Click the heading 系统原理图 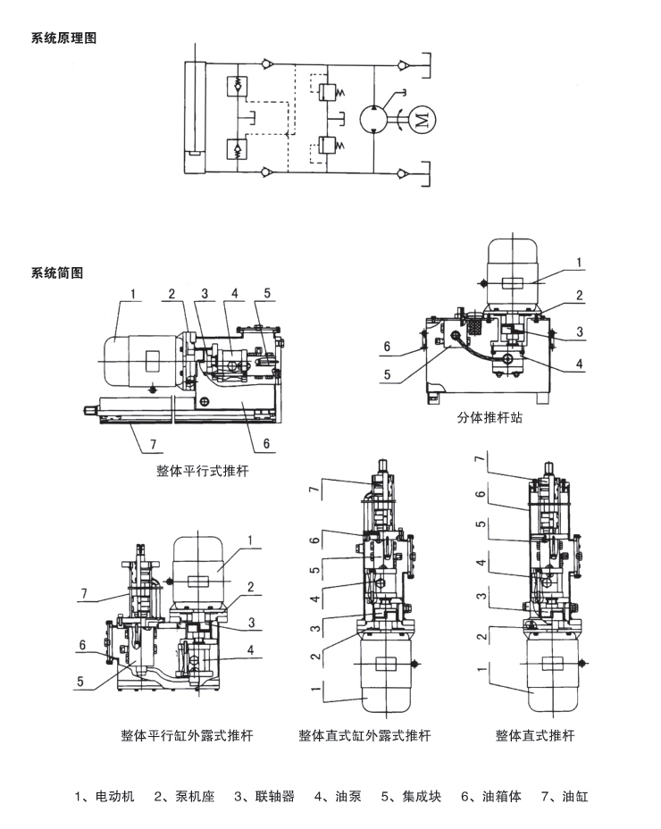pos(63,38)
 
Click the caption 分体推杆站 pos(489,417)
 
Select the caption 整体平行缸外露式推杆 pos(187,736)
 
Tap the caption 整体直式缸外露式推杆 pos(364,736)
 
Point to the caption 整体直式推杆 pos(535,736)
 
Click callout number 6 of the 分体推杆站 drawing pos(387,347)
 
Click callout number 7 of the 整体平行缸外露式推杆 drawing pos(85,593)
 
